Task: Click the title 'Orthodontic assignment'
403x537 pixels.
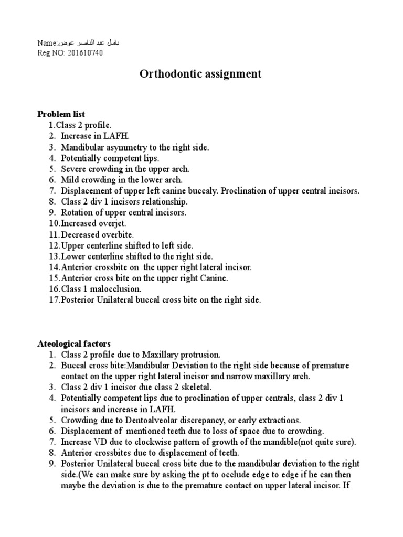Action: coord(200,73)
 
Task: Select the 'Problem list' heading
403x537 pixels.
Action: coord(61,114)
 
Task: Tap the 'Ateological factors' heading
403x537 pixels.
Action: coord(74,344)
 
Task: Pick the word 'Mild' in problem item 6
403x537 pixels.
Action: coord(69,180)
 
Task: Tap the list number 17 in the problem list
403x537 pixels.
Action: coord(54,300)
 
